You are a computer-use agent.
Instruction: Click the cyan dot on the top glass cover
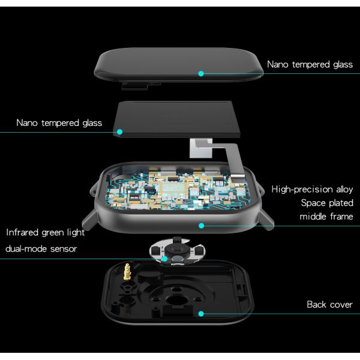click(x=201, y=73)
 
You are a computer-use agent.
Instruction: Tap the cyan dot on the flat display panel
click(x=119, y=132)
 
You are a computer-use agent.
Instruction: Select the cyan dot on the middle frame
click(x=202, y=226)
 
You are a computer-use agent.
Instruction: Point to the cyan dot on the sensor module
click(x=164, y=259)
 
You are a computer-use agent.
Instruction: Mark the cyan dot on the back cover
click(x=201, y=314)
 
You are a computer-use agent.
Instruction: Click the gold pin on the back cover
click(x=127, y=272)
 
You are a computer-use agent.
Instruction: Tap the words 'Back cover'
click(x=329, y=305)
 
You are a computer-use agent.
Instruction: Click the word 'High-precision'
click(x=302, y=190)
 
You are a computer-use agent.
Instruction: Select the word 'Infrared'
click(x=22, y=232)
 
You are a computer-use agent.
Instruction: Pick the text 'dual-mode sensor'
click(x=41, y=248)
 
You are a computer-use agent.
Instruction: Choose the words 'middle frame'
click(x=326, y=217)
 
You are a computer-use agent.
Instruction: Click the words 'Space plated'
click(x=327, y=203)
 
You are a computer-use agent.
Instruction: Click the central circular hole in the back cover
click(x=176, y=300)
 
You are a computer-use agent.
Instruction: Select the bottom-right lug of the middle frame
click(x=266, y=220)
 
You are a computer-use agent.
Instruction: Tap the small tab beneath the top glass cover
click(x=134, y=86)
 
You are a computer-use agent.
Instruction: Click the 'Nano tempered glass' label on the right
click(x=310, y=65)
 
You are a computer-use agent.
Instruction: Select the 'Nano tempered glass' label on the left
click(x=59, y=123)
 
